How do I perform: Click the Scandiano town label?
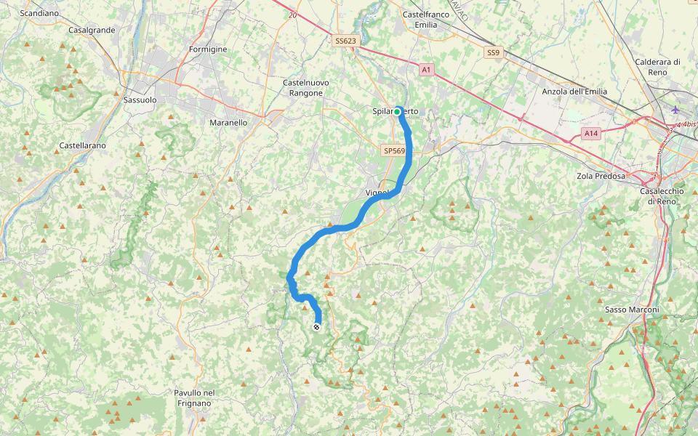[39, 13]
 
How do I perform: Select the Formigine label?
[208, 49]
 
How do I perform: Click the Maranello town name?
[228, 123]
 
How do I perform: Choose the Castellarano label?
[82, 145]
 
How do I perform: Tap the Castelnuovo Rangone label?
[305, 87]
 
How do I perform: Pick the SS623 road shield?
[345, 41]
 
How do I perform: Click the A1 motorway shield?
[426, 70]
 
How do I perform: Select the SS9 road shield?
[494, 52]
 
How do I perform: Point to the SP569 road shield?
[393, 150]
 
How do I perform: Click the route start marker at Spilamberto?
[398, 111]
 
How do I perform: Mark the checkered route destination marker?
[317, 327]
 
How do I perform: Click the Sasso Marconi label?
[632, 310]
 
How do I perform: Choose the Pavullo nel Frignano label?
[194, 397]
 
